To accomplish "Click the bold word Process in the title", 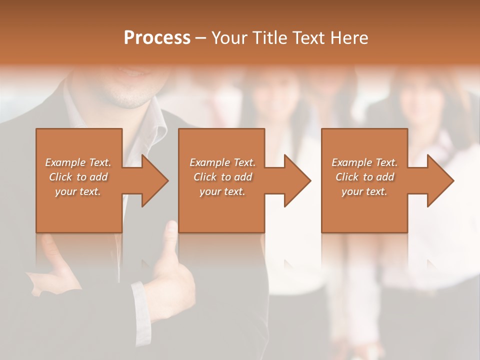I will pos(157,38).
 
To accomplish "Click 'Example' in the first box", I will pos(65,162).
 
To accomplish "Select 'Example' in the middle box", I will pos(209,162).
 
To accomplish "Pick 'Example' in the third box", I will pos(351,162).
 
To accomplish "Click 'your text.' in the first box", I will pos(78,191).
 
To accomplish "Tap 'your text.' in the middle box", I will pos(222,191).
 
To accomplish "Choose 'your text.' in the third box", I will pos(364,191).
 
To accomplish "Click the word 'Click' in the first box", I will pos(60,177).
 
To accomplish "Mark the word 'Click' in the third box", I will pos(347,177).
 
